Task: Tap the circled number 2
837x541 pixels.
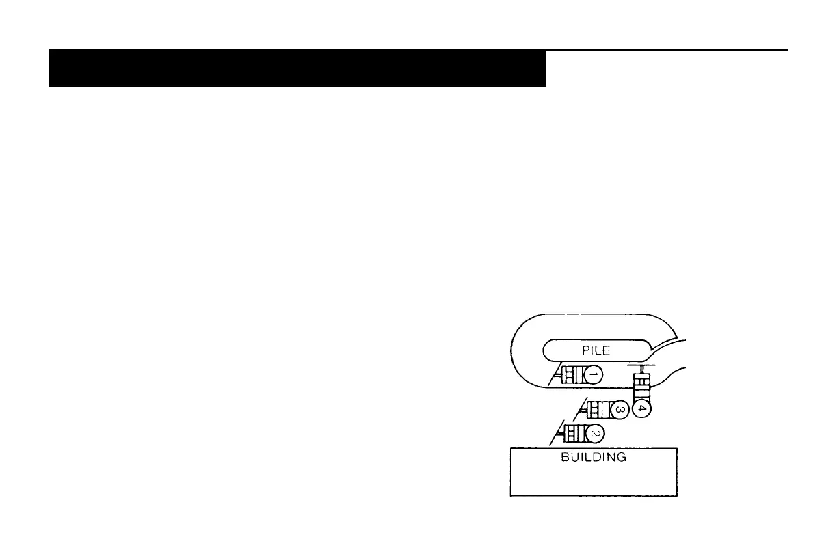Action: coord(594,433)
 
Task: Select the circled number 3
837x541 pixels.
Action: coord(617,410)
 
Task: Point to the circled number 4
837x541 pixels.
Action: coord(641,408)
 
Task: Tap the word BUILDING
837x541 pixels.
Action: coord(594,458)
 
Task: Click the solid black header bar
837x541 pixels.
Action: coord(297,68)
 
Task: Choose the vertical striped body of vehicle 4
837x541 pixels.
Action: coord(641,387)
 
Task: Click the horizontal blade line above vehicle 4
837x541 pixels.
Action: coord(642,366)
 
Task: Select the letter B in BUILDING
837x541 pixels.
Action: coord(565,458)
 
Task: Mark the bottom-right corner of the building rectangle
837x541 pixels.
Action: coord(677,496)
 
